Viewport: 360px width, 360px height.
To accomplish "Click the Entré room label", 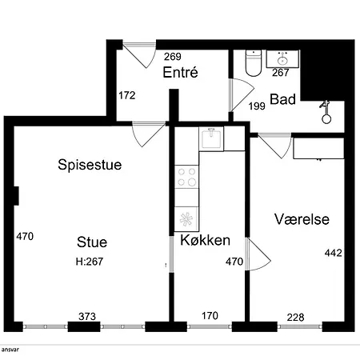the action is (x=181, y=72).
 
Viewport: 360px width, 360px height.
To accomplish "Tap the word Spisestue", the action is (x=90, y=165).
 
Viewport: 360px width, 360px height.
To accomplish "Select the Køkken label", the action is (x=206, y=240).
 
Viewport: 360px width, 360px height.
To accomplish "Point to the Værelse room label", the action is (x=302, y=219).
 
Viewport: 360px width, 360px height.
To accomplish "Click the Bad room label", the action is (x=283, y=99).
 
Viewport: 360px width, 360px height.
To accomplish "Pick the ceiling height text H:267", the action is (x=90, y=262).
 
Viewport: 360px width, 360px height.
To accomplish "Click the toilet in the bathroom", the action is (x=254, y=63).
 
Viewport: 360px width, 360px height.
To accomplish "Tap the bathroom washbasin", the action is (x=282, y=59).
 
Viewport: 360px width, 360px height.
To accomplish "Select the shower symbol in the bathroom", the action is (x=326, y=112).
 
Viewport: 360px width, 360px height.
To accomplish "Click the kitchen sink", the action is (x=211, y=139).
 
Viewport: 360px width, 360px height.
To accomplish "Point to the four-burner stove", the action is (x=186, y=177).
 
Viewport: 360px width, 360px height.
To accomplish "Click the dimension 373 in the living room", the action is (x=87, y=317).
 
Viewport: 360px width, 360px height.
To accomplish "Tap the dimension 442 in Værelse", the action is (x=334, y=253).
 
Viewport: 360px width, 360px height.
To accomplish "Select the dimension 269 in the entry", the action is (x=173, y=57).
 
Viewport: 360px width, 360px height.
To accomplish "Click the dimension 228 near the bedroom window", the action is (x=295, y=318).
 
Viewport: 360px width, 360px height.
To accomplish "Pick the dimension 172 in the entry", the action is (x=127, y=95).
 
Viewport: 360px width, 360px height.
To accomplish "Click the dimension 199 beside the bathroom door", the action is (x=257, y=106).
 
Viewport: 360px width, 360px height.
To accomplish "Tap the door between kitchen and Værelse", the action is (x=258, y=254).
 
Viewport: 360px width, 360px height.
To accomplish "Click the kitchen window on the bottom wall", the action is (x=210, y=326).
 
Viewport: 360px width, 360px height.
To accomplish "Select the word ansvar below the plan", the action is (x=10, y=350).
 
